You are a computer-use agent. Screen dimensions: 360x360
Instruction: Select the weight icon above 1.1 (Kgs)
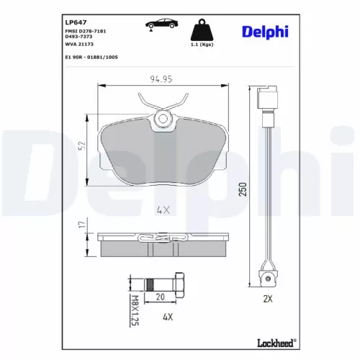[201, 30]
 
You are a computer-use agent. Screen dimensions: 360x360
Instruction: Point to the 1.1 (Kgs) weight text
[201, 45]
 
